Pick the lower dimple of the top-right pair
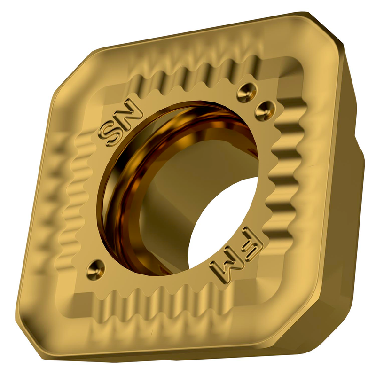[x=266, y=109]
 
